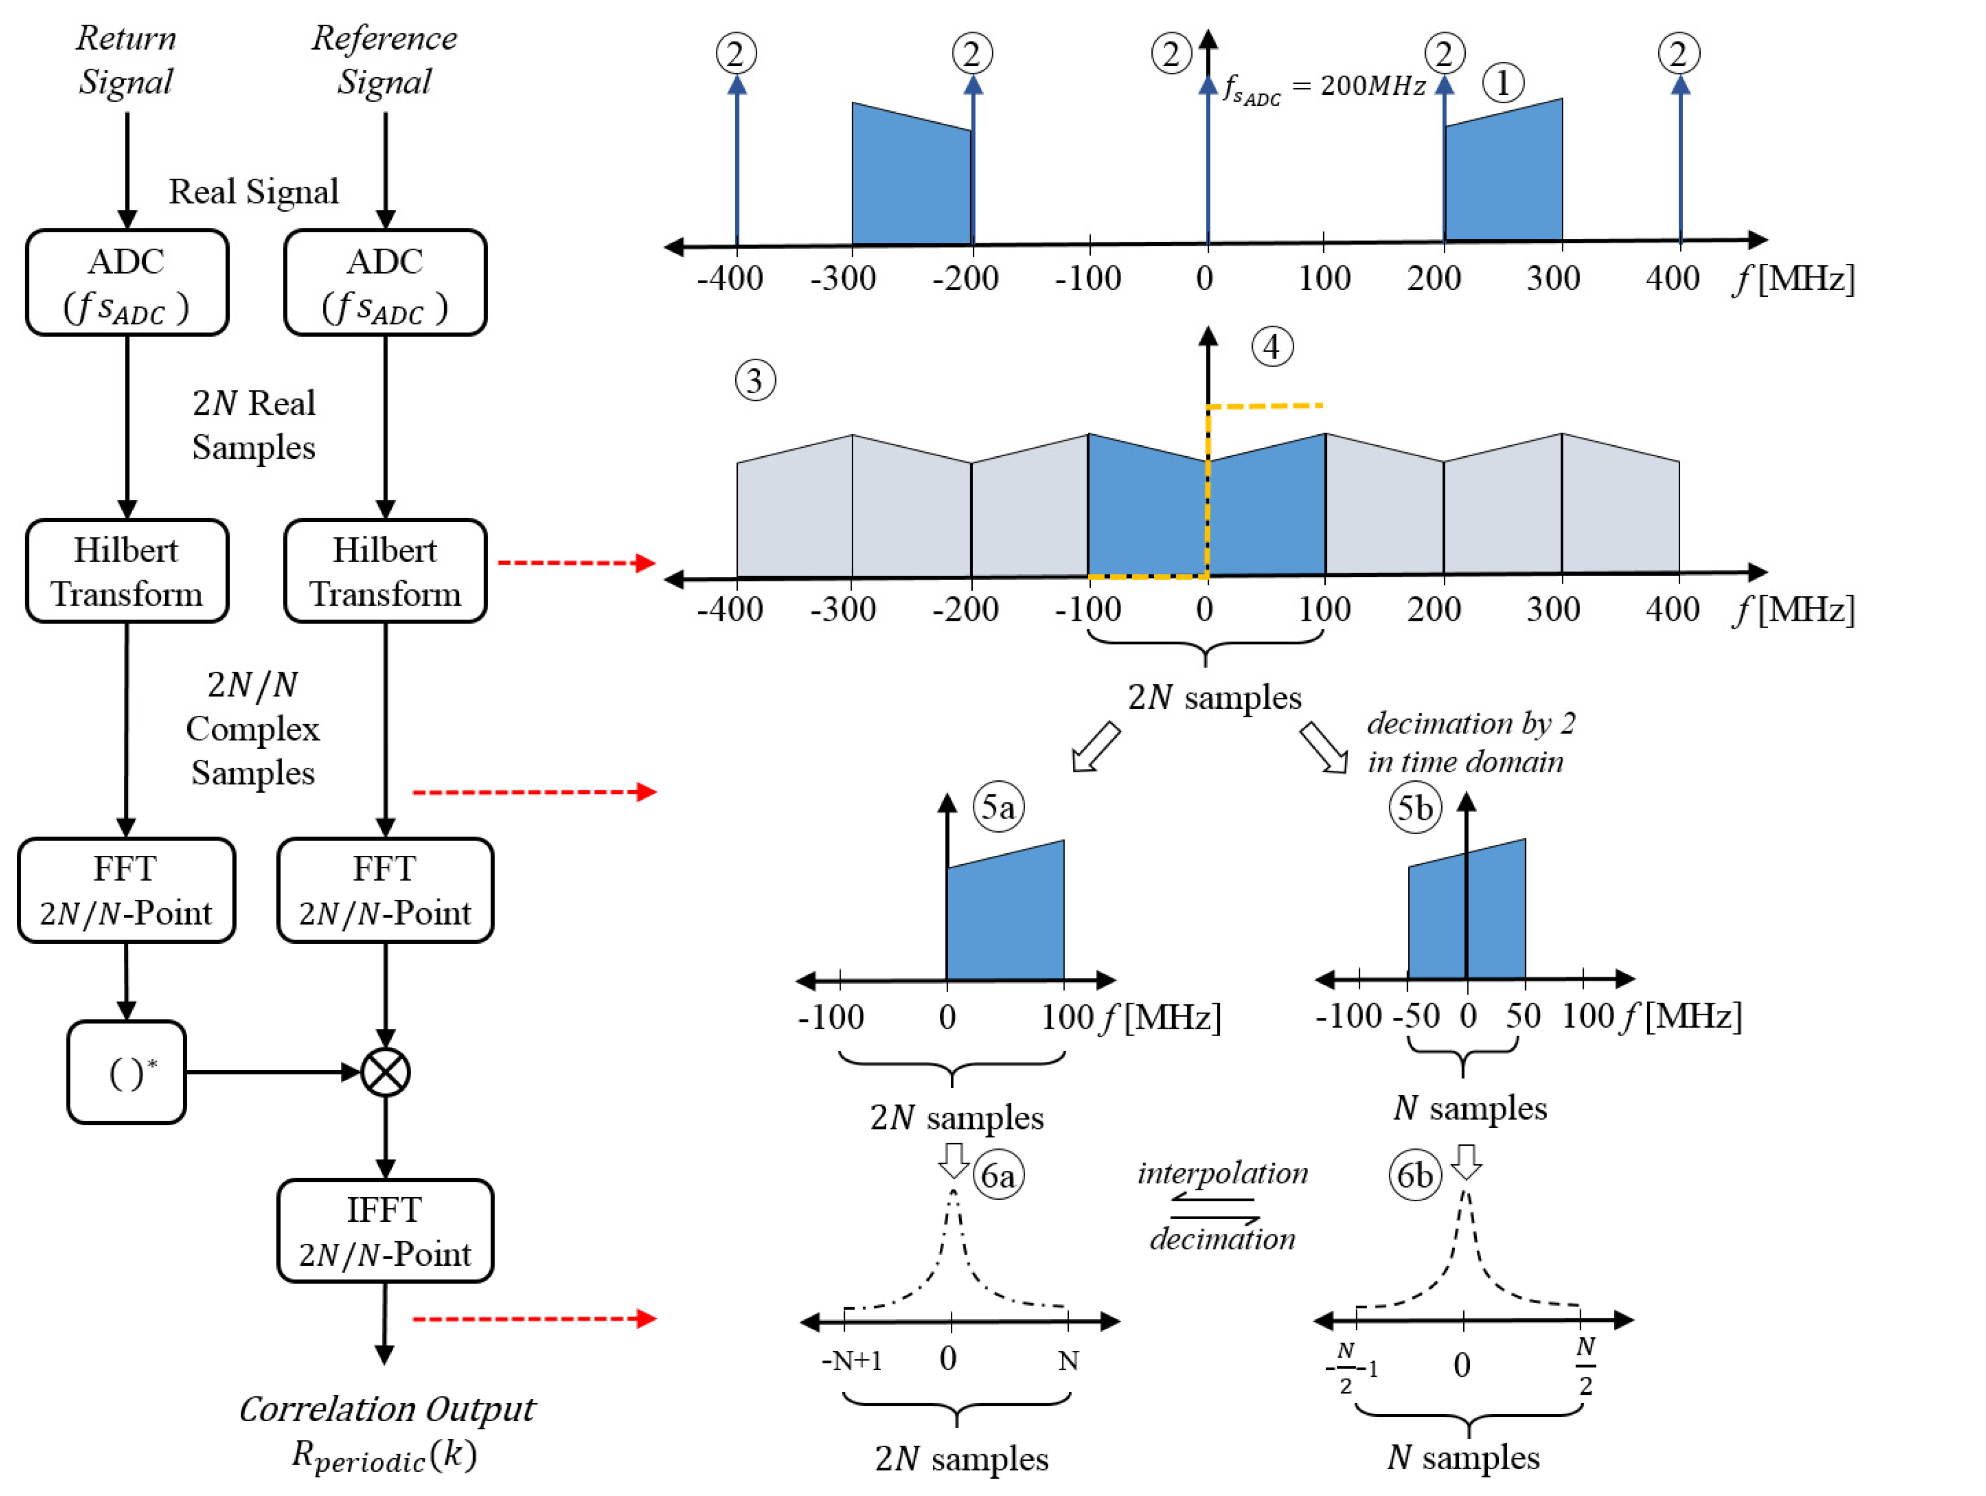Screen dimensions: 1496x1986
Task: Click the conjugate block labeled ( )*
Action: click(x=126, y=1072)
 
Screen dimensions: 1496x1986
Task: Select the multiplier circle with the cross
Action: click(x=385, y=1072)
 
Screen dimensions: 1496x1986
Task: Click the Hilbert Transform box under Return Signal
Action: click(x=126, y=571)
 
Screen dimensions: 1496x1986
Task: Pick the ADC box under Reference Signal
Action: click(x=385, y=283)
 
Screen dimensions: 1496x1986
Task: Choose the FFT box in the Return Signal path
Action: click(x=126, y=890)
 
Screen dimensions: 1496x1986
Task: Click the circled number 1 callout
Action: click(x=1502, y=83)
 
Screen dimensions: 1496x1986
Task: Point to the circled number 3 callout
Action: click(x=755, y=381)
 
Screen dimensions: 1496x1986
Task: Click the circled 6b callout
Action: click(x=1415, y=1175)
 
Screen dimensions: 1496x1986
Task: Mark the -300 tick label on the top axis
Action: click(x=843, y=278)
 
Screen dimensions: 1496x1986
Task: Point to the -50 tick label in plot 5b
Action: click(x=1416, y=1016)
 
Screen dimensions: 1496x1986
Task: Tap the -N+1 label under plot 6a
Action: click(x=851, y=1360)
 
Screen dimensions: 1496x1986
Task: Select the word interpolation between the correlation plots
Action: click(x=1223, y=1173)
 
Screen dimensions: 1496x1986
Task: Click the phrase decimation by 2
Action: click(x=1470, y=723)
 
